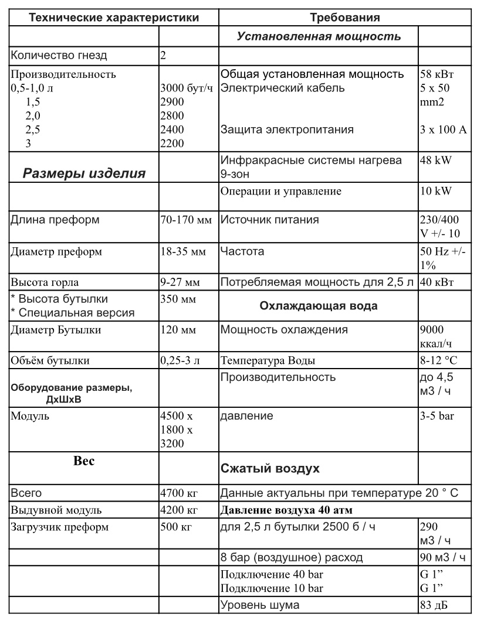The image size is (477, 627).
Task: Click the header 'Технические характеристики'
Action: click(114, 18)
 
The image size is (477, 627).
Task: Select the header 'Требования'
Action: click(345, 18)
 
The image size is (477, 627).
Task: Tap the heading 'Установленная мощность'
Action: click(319, 36)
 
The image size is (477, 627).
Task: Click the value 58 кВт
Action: click(437, 74)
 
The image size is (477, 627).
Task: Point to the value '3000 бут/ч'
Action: click(186, 88)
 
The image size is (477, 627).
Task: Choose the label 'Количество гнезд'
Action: click(59, 56)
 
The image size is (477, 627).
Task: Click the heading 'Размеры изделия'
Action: click(84, 173)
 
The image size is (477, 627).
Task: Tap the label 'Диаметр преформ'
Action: click(56, 252)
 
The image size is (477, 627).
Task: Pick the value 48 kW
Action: click(435, 160)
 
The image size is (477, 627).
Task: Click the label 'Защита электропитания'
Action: click(287, 130)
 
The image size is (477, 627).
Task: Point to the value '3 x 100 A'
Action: click(443, 130)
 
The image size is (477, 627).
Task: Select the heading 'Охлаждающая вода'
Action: click(319, 306)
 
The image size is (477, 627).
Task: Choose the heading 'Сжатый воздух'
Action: click(270, 469)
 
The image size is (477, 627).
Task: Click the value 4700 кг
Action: click(179, 493)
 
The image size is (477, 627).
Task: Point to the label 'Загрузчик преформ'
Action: click(60, 527)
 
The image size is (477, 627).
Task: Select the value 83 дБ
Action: click(434, 605)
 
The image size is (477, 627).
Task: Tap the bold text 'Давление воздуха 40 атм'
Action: click(286, 510)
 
